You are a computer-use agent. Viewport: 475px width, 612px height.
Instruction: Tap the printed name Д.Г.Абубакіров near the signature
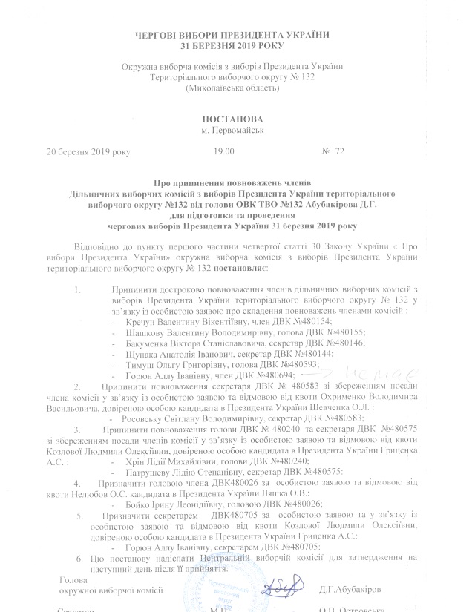350,589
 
